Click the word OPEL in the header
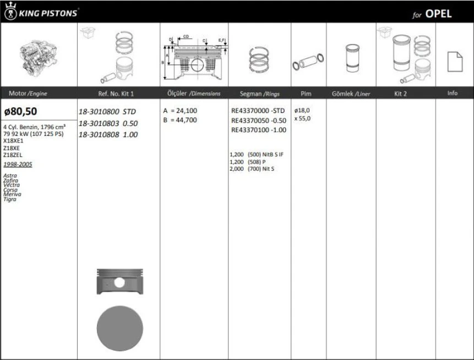click(x=439, y=14)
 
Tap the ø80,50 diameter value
click(x=20, y=111)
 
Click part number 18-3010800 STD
click(x=108, y=111)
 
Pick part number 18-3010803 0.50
click(x=108, y=123)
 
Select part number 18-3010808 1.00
click(x=108, y=135)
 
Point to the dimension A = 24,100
click(x=179, y=111)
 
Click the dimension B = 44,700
click(x=179, y=119)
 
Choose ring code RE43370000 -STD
click(x=258, y=111)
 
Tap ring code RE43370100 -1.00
click(x=258, y=130)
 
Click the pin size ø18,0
click(x=302, y=111)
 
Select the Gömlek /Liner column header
click(x=351, y=94)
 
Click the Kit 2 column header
click(x=400, y=94)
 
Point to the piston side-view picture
click(x=119, y=282)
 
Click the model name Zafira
click(x=10, y=181)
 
